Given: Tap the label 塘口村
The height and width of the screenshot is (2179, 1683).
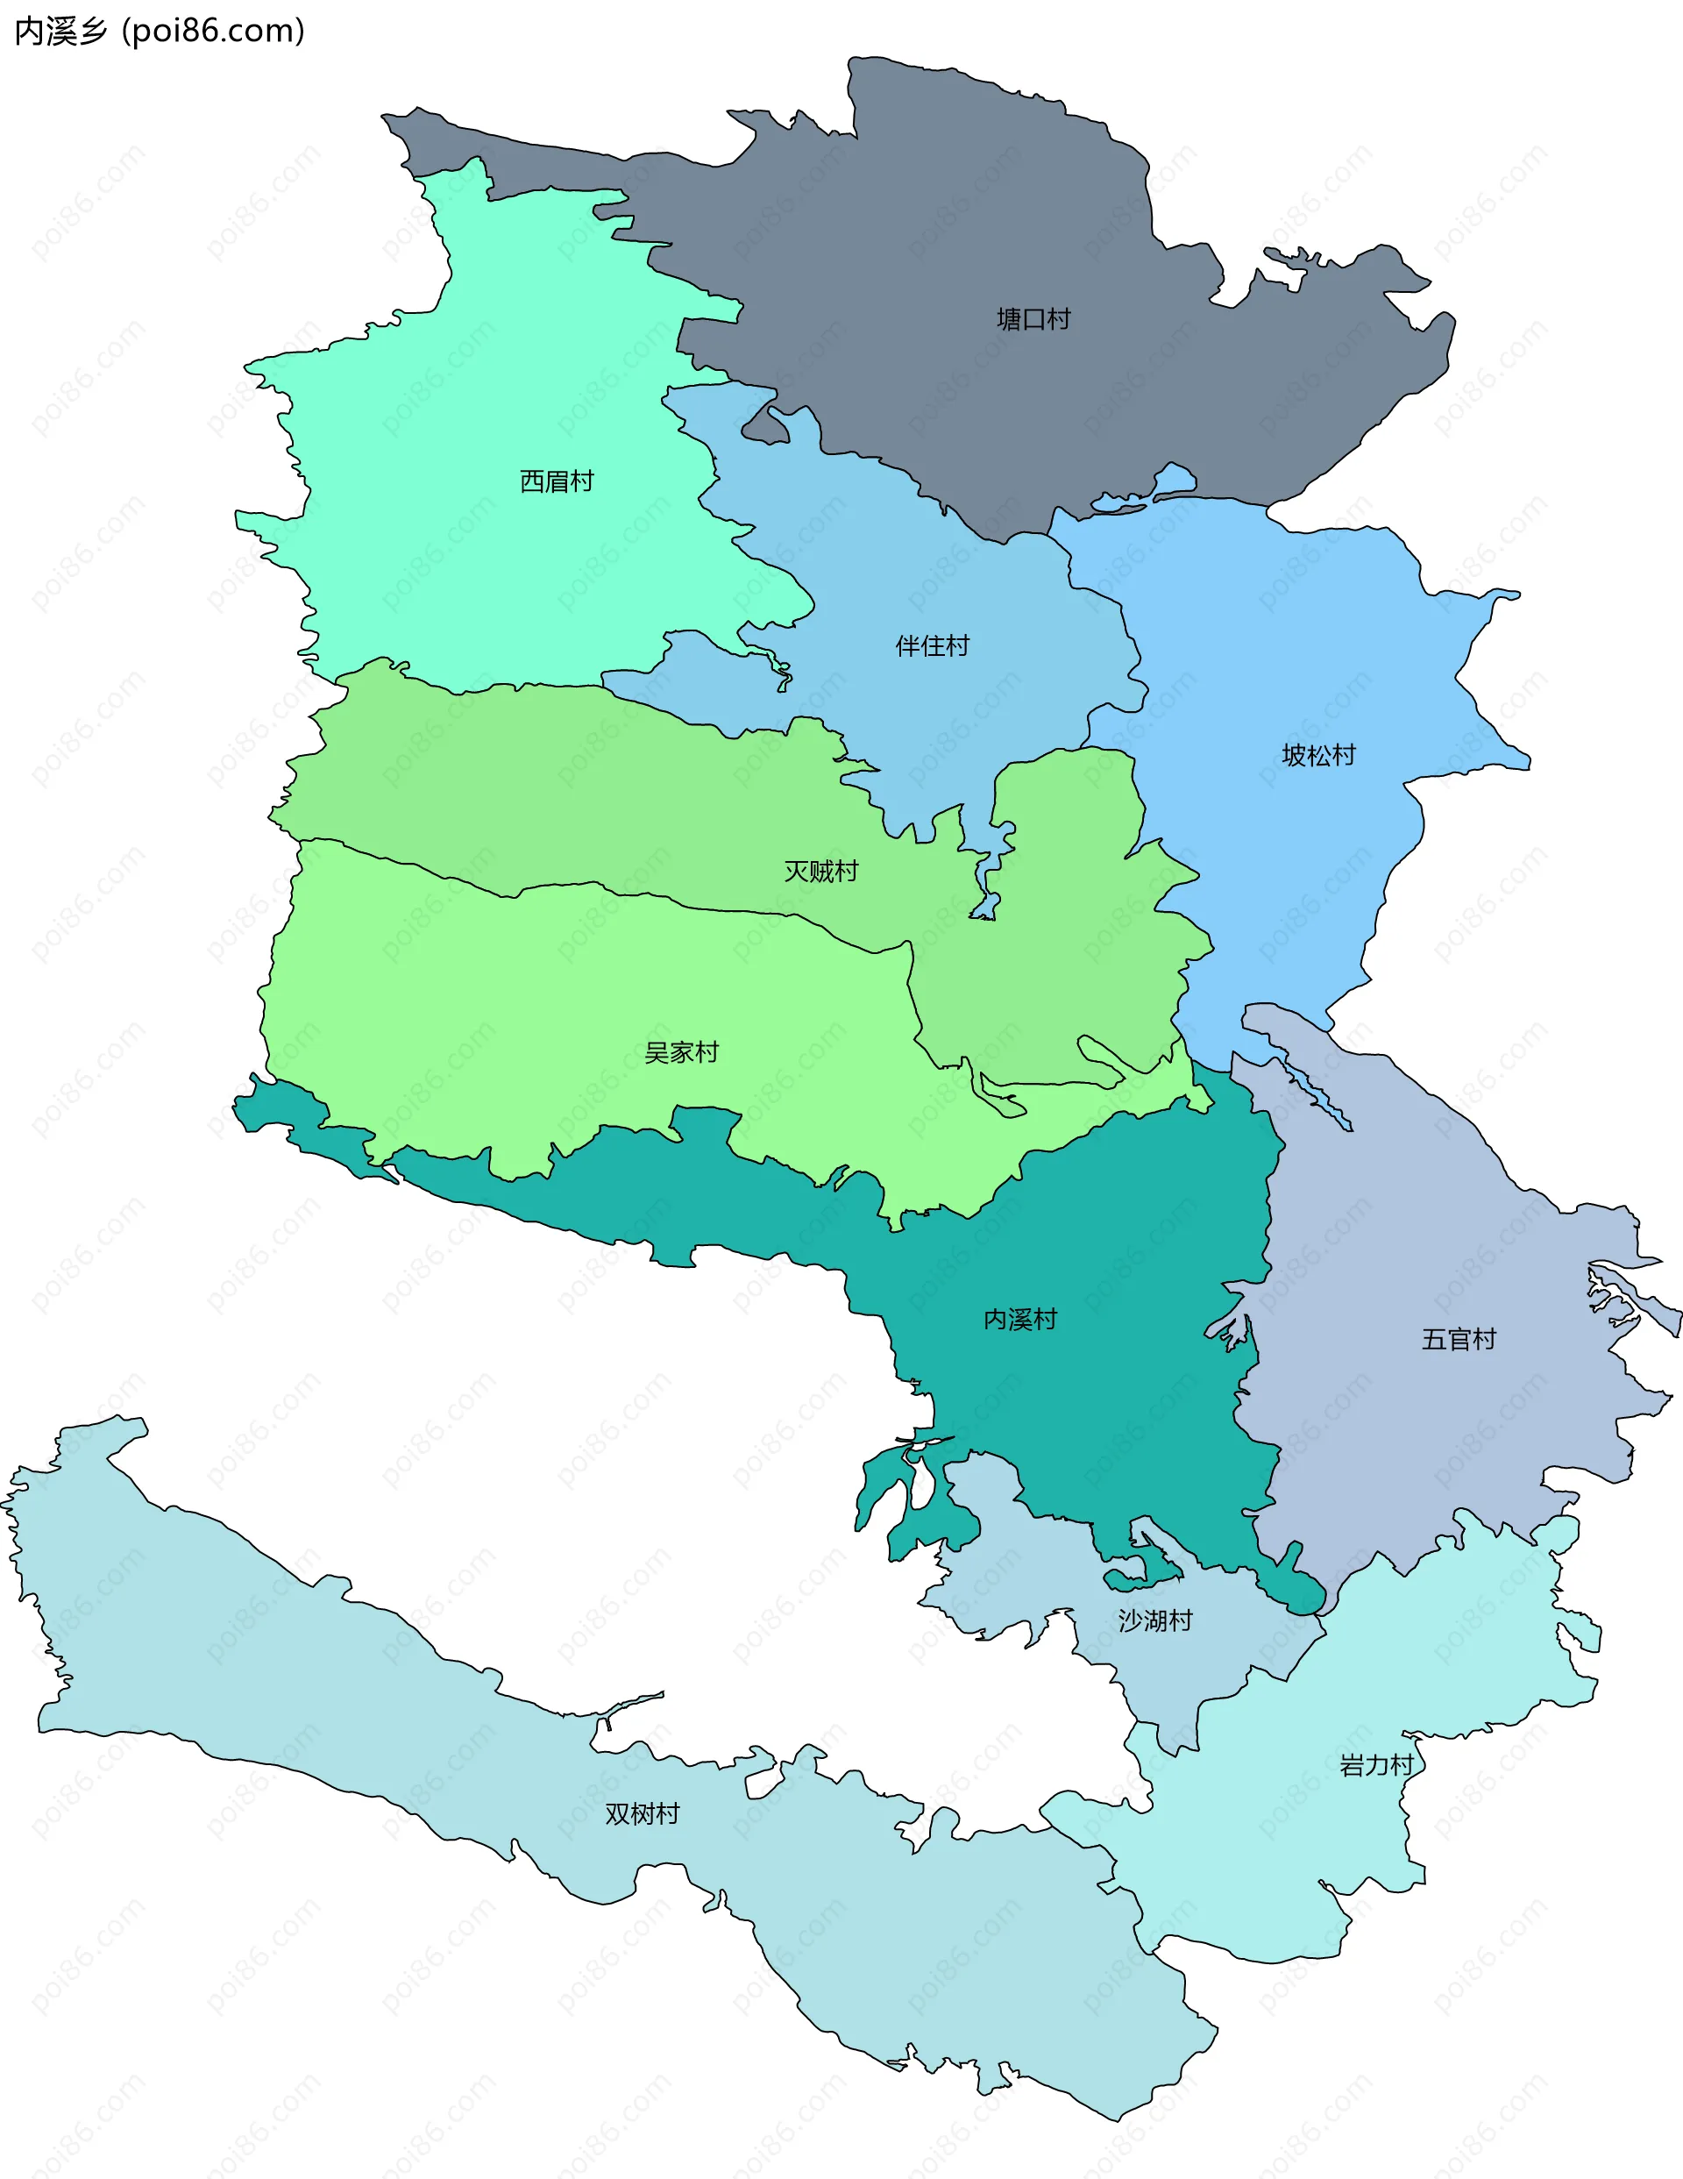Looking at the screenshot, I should pyautogui.click(x=1033, y=319).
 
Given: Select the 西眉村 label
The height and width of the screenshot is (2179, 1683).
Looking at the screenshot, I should pyautogui.click(x=556, y=482).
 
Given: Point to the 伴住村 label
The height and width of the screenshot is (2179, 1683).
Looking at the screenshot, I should pyautogui.click(x=932, y=646).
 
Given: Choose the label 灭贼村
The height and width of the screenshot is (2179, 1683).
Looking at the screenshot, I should pyautogui.click(x=820, y=872).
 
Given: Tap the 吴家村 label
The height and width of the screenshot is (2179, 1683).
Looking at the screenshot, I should pyautogui.click(x=680, y=1052).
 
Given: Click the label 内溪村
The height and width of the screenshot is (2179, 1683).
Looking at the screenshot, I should pyautogui.click(x=1019, y=1320).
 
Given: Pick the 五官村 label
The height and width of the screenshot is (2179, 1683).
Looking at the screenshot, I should pyautogui.click(x=1458, y=1339).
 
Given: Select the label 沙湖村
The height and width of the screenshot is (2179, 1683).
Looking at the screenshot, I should pyautogui.click(x=1154, y=1620).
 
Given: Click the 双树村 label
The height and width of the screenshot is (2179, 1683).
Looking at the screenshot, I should pyautogui.click(x=642, y=1814).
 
